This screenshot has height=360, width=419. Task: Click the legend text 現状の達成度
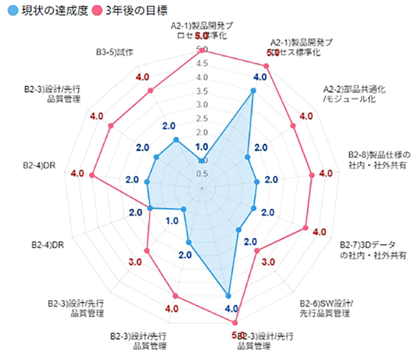tap(55, 9)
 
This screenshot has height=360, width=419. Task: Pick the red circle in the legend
tap(97, 9)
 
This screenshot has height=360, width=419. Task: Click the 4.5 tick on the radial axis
tap(202, 63)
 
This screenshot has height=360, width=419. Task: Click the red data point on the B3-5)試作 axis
tap(150, 91)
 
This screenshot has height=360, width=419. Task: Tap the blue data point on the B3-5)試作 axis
tap(176, 140)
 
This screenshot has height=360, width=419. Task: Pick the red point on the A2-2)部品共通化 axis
tap(293, 126)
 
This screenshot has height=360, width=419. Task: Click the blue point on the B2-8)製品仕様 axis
tap(257, 182)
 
